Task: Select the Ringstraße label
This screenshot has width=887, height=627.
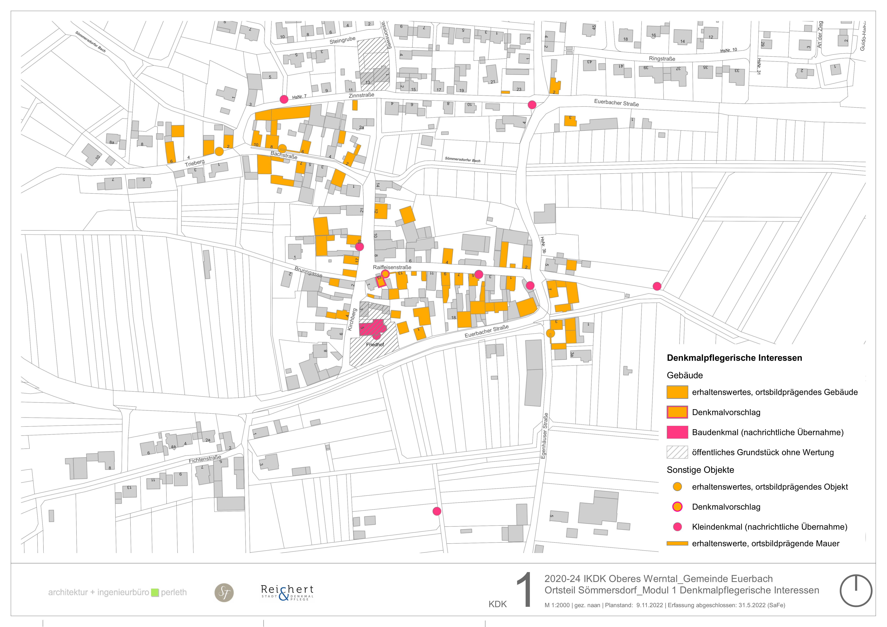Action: click(662, 59)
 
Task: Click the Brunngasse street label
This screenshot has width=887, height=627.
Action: click(308, 272)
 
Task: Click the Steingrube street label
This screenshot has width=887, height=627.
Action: click(342, 40)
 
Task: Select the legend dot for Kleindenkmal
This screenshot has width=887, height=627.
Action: click(677, 527)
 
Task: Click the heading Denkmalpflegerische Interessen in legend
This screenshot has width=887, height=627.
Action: click(734, 358)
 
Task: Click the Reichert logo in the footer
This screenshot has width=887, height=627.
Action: click(287, 592)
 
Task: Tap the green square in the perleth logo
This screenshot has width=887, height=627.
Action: click(155, 592)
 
